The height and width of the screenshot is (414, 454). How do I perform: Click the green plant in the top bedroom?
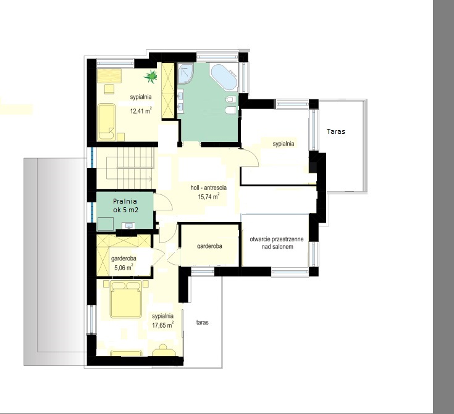pos(151,77)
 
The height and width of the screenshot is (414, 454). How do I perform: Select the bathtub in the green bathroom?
pos(224,77)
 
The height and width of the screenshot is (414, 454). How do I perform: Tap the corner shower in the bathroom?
pos(185,73)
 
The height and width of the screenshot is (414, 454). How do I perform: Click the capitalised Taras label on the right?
pos(336,131)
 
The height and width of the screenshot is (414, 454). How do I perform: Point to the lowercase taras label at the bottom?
pos(202,322)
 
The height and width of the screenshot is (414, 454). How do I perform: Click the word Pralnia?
pos(125,201)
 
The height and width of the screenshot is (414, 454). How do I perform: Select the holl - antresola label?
pos(209,188)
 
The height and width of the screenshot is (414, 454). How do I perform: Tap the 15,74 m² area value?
pos(209,197)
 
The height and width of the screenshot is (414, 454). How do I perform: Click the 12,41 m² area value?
pos(141,110)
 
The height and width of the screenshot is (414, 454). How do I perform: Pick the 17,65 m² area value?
pos(163,325)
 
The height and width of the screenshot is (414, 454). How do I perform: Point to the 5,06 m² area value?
pos(124,267)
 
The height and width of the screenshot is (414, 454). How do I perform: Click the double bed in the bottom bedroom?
pos(126,299)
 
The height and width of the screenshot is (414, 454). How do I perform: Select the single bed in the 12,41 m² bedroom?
pos(106,122)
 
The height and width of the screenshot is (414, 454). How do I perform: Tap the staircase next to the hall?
pos(130,168)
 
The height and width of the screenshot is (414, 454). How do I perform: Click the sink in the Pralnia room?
pos(128,225)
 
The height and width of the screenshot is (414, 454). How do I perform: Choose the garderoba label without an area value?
pos(209,246)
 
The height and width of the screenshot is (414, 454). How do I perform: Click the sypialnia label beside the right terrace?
pos(284,144)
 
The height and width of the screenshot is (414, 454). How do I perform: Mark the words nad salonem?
pos(277,247)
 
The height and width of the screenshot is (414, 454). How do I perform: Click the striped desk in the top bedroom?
pos(109,76)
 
